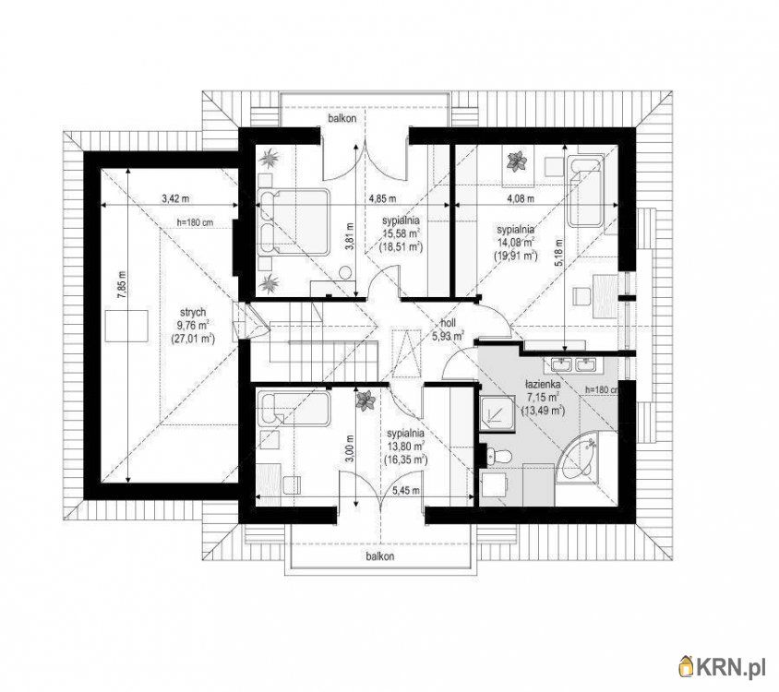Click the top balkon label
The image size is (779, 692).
point(342,119)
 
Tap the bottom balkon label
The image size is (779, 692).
point(380,555)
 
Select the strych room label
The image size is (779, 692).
point(193,313)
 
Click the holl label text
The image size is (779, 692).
point(449,322)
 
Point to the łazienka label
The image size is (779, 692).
point(544,384)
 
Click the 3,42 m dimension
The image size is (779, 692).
point(176,198)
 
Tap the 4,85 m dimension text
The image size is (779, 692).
point(382,198)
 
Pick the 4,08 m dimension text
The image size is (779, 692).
point(521,198)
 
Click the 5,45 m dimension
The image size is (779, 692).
point(405,491)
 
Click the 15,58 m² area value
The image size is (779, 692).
point(401,233)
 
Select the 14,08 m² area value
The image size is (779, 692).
point(516,243)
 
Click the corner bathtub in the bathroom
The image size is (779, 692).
point(580,456)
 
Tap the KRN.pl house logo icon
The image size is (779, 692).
point(687,666)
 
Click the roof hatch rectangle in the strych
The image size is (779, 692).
point(127,326)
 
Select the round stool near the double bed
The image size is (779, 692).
point(346,272)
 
